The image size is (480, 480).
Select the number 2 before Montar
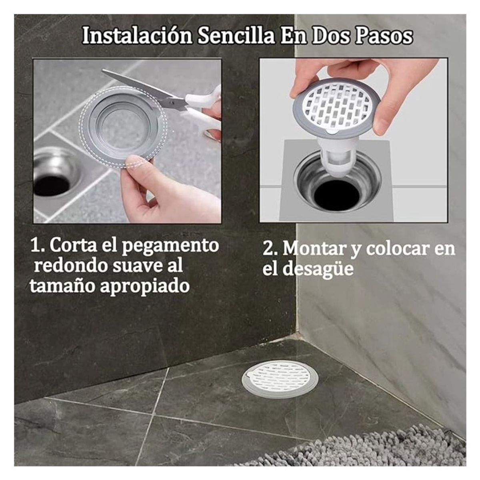click(268, 249)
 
